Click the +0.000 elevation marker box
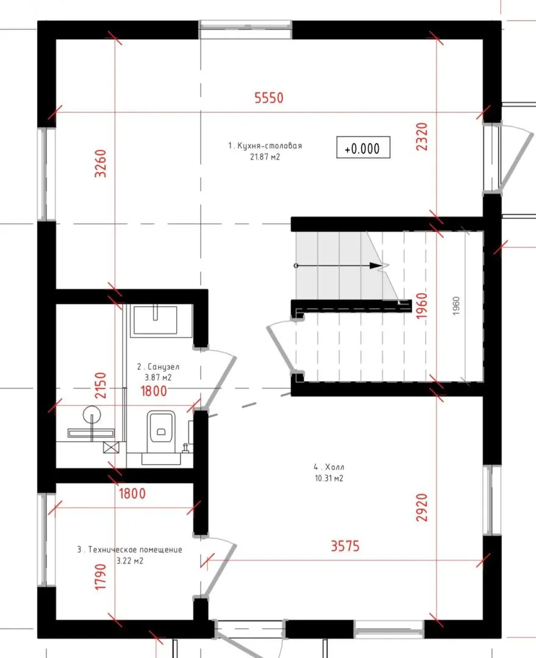[363, 147]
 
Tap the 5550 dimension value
[269, 97]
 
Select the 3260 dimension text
[101, 163]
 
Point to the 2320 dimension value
[421, 136]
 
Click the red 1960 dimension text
[421, 305]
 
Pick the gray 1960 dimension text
[457, 305]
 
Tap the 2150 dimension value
[101, 385]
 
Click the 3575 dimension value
[345, 546]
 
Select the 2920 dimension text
[421, 508]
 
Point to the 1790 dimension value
[101, 576]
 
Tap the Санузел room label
[159, 366]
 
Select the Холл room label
[329, 467]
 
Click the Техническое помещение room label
[130, 550]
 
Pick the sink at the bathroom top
[155, 320]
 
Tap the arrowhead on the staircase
[376, 265]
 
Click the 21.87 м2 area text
[265, 157]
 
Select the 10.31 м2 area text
[329, 478]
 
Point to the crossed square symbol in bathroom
[111, 447]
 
